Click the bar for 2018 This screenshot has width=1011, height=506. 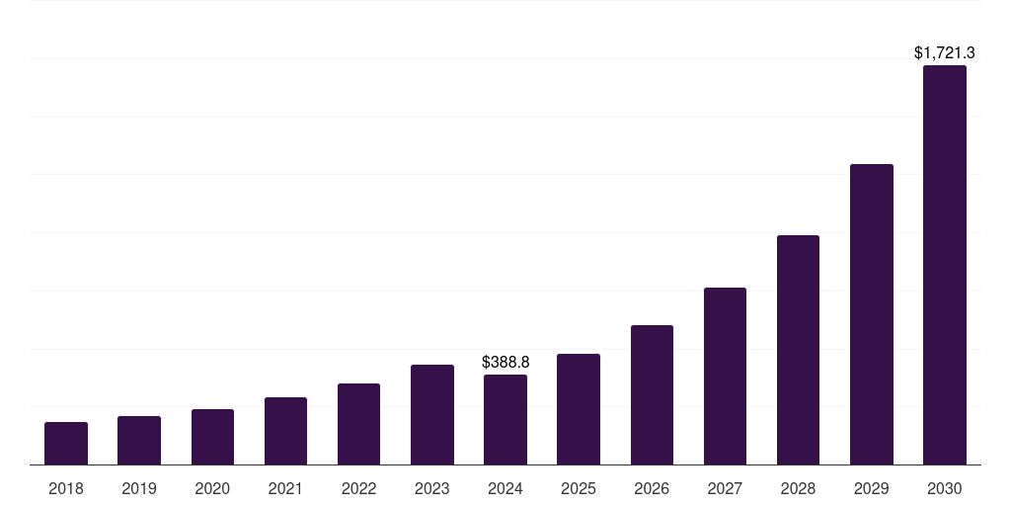point(66,444)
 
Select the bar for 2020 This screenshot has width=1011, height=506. point(212,437)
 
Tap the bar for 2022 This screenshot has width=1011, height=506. point(358,424)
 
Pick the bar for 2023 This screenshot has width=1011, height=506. point(432,415)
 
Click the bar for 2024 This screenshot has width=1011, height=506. point(505,420)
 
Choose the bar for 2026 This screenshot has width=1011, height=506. point(652,395)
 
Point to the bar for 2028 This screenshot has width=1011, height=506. point(798,350)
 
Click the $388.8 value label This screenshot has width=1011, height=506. point(505,363)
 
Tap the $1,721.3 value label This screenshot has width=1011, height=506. point(945,52)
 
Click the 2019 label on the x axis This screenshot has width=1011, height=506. point(139,488)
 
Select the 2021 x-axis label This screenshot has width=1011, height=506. point(285,488)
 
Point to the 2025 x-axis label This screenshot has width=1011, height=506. point(579,488)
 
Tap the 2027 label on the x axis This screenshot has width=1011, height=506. point(725,488)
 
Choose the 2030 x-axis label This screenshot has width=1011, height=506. point(945,488)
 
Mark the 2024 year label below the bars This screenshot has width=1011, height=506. point(505,488)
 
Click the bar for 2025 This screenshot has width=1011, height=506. point(579,409)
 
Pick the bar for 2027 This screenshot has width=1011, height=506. point(725,377)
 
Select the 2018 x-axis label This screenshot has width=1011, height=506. point(66,488)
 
